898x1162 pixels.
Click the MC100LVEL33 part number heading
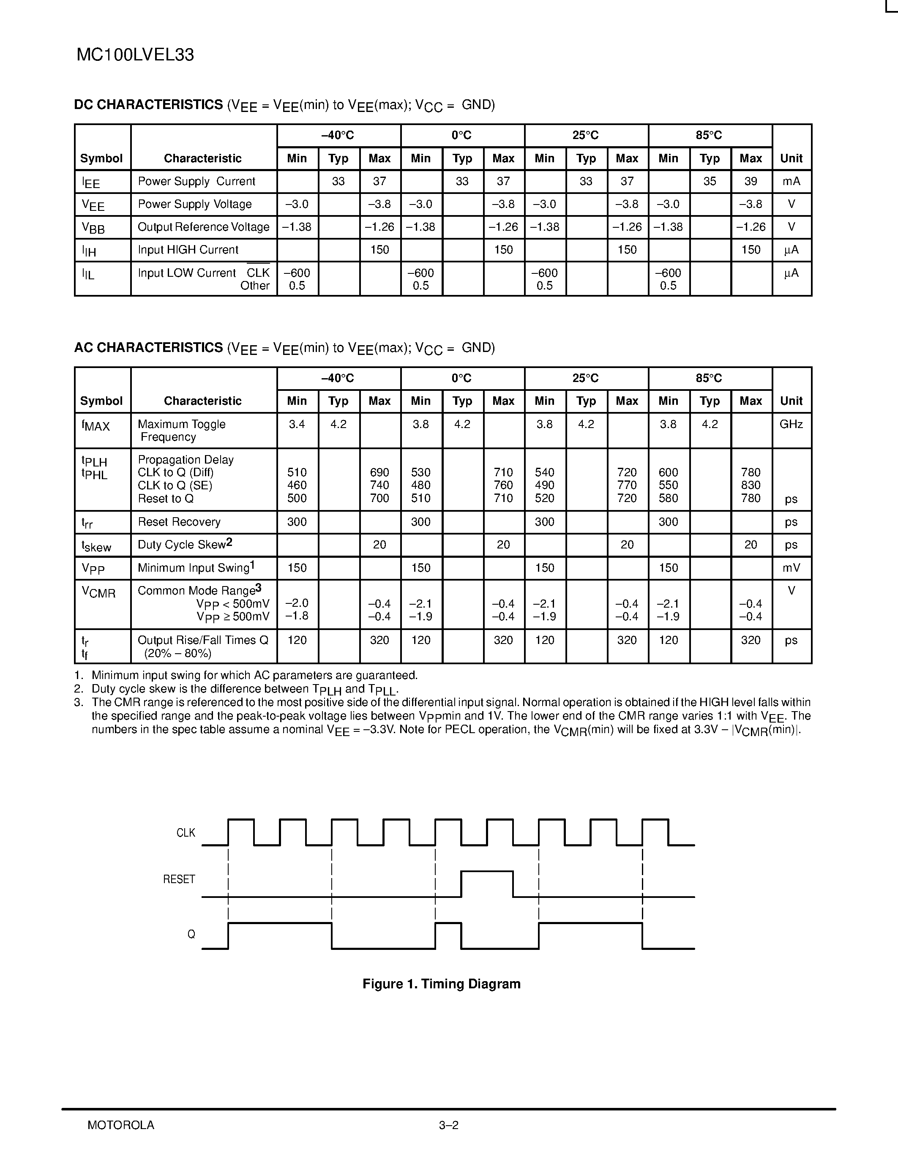(135, 55)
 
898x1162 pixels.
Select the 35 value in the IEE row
(710, 181)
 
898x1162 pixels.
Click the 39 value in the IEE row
(751, 181)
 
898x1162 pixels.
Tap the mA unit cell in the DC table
(791, 181)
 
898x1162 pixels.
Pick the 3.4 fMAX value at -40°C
(297, 425)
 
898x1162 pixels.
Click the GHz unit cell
(791, 425)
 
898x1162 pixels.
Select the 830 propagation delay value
(751, 485)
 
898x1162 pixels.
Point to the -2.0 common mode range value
(297, 603)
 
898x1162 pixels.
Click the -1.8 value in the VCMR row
(297, 616)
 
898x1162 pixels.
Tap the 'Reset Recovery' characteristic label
(179, 522)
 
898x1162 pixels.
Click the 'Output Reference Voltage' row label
(203, 227)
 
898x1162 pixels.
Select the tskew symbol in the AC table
(96, 546)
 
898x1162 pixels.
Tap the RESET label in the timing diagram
(179, 879)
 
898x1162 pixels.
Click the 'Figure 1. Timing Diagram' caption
(441, 984)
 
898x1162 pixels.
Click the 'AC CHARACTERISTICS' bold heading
(148, 347)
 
